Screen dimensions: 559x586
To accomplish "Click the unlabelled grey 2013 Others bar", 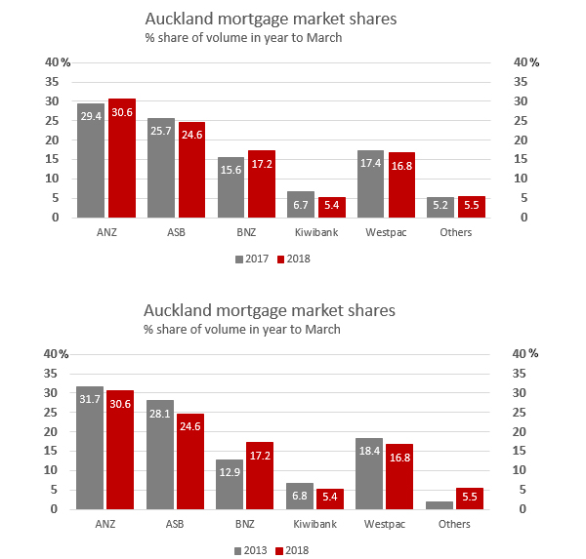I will pos(440,504).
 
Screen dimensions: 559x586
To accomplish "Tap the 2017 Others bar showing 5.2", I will pos(440,207).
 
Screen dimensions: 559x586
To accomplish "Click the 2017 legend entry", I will pos(253,259).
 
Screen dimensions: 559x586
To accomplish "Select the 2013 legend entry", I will pos(253,550).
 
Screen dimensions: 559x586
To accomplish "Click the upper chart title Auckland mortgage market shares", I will pos(270,19).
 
